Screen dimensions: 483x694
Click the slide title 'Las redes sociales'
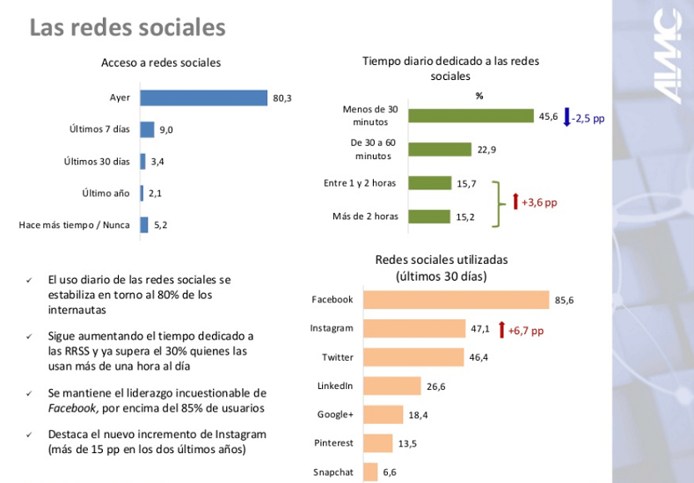point(128,28)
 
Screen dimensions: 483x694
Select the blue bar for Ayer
point(203,98)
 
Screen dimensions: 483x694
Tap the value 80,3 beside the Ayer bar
point(282,99)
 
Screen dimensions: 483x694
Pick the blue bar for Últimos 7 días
point(147,129)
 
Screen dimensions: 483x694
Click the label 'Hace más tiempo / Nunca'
point(74,224)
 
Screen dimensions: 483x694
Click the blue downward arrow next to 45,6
point(566,116)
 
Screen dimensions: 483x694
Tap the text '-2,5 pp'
point(588,117)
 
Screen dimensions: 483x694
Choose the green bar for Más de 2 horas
point(428,216)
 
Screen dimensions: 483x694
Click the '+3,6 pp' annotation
point(539,201)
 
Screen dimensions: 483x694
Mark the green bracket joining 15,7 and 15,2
point(498,202)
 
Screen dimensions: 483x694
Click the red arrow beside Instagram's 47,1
point(501,330)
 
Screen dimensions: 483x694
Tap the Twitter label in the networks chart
point(337,357)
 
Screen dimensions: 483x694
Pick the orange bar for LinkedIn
point(391,386)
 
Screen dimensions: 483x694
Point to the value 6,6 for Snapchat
point(389,472)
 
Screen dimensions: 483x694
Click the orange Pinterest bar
point(377,443)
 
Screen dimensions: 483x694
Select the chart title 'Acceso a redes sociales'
point(161,62)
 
